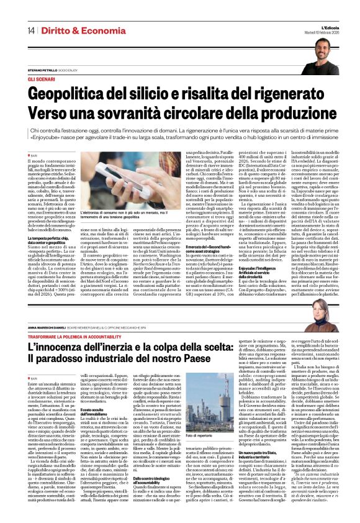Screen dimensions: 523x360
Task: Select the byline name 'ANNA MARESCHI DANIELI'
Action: coord(52,326)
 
